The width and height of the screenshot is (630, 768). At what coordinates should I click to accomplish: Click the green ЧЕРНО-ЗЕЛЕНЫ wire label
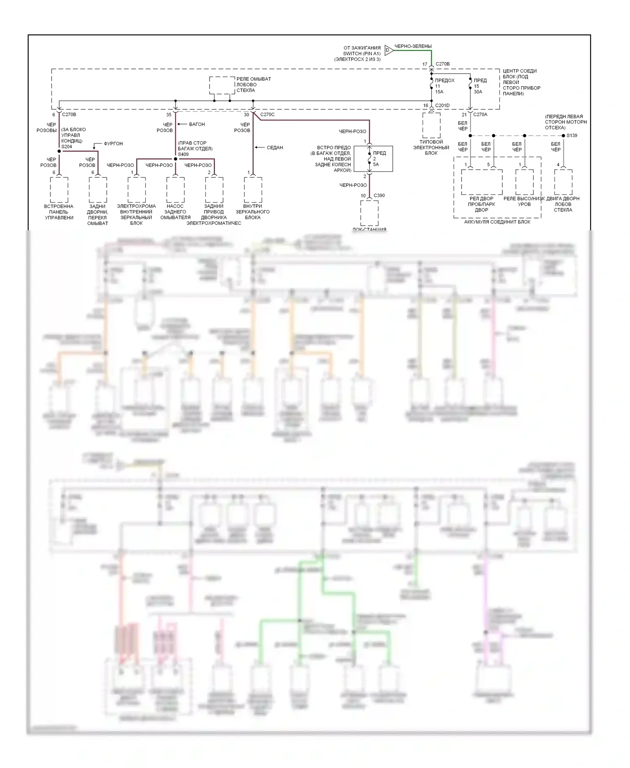(413, 46)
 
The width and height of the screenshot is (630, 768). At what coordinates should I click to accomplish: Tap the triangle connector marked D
(388, 50)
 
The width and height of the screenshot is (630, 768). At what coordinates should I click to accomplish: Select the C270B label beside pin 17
(443, 64)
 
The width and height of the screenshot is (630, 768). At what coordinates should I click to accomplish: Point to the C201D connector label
(442, 105)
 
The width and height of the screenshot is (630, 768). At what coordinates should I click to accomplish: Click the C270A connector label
(480, 114)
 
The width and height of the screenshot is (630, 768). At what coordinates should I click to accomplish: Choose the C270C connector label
(267, 114)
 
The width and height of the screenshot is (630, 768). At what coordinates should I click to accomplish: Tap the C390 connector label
(379, 195)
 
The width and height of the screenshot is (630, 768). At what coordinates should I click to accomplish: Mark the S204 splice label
(66, 147)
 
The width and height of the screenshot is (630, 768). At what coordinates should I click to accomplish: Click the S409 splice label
(183, 154)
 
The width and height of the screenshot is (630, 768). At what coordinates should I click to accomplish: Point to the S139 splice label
(572, 135)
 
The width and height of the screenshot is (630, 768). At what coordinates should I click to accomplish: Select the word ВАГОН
(197, 124)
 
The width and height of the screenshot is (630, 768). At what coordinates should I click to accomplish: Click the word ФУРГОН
(113, 144)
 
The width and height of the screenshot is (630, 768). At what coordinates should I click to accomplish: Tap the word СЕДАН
(275, 147)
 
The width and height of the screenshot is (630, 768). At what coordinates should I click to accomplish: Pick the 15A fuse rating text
(439, 92)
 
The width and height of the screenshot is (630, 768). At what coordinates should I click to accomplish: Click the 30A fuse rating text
(478, 92)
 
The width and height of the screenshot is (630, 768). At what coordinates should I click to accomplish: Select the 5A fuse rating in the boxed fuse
(376, 164)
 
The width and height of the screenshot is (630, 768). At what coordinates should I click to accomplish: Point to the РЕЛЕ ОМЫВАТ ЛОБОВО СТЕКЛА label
(253, 84)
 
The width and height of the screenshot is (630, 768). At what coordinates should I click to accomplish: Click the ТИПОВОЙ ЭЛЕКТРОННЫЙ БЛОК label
(431, 147)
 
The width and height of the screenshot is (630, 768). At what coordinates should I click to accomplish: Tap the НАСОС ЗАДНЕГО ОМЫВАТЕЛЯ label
(175, 212)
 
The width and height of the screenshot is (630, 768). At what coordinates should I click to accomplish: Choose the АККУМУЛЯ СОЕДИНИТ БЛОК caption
(497, 222)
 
